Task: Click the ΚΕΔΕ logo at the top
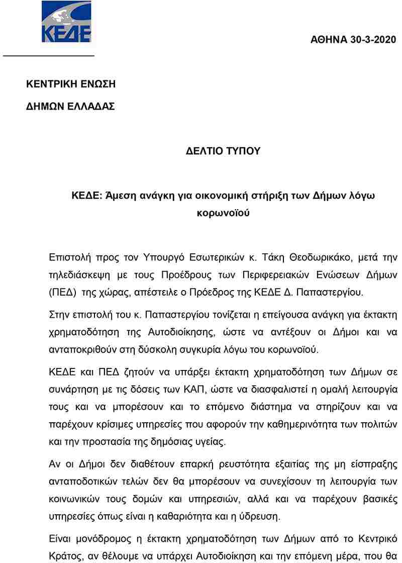pyautogui.click(x=66, y=22)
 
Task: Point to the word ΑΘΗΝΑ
pyautogui.click(x=329, y=40)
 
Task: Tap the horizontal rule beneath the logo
pyautogui.click(x=49, y=55)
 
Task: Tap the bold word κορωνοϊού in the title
pyautogui.click(x=224, y=213)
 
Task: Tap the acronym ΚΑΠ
pyautogui.click(x=195, y=389)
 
